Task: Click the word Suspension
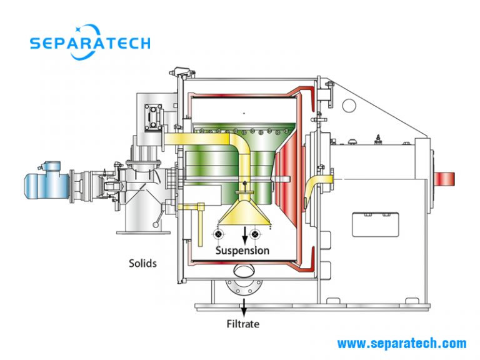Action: click(242, 251)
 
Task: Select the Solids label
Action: click(142, 263)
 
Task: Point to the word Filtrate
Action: click(242, 324)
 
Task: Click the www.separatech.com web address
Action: click(402, 343)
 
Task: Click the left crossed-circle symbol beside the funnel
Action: click(219, 234)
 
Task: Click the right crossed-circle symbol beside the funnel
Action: click(255, 234)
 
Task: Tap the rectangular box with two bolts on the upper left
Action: click(153, 117)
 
